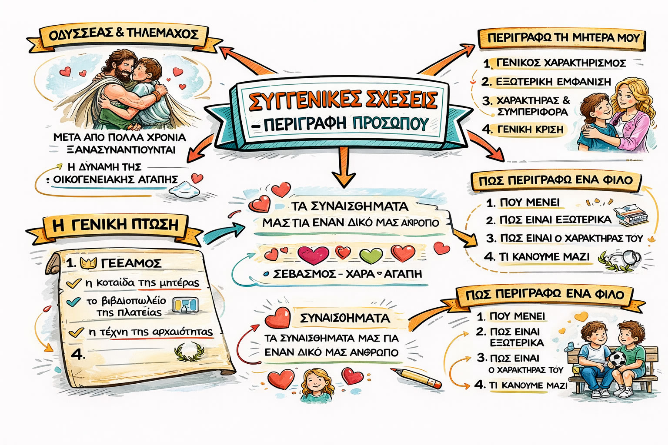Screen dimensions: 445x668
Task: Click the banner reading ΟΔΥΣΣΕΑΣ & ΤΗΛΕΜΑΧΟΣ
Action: click(x=124, y=34)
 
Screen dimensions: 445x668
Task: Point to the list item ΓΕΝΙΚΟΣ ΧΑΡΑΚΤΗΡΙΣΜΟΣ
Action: click(x=561, y=63)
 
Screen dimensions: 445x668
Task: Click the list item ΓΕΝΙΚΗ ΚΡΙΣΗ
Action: click(x=530, y=130)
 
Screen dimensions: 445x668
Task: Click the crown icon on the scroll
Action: click(x=89, y=262)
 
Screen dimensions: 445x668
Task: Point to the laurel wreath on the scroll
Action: click(x=189, y=352)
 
